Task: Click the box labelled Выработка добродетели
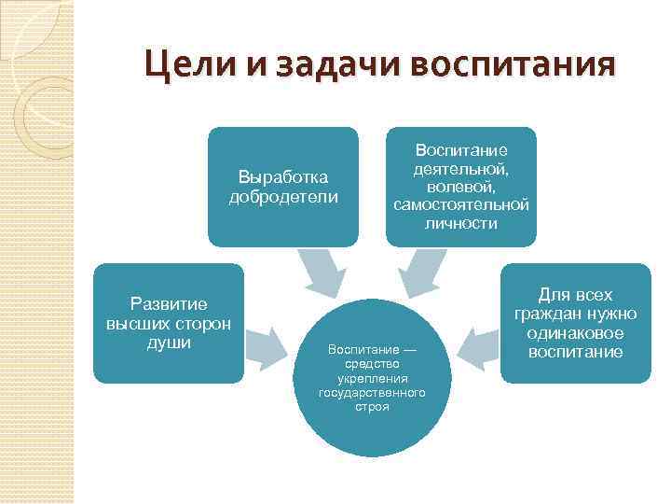(x=283, y=186)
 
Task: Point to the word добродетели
(x=283, y=196)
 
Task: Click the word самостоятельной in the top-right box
(x=461, y=205)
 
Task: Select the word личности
(x=461, y=224)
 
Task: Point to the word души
(x=169, y=343)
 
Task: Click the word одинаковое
(x=575, y=334)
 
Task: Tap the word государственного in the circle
(x=372, y=393)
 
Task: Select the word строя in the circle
(x=372, y=408)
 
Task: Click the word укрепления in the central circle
(x=372, y=378)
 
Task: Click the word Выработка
(x=283, y=176)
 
